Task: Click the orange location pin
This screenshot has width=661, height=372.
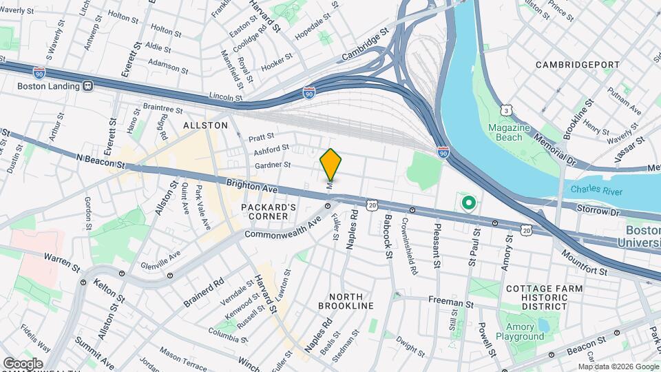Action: coord(330,165)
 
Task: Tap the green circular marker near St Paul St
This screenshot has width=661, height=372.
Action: coord(469,203)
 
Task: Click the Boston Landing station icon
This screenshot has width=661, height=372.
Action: coord(87,86)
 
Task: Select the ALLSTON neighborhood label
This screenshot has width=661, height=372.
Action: coord(205,125)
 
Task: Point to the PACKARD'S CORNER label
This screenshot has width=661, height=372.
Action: coord(269,211)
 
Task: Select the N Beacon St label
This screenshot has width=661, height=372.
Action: coord(101,161)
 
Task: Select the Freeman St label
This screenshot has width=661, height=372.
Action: coord(450,301)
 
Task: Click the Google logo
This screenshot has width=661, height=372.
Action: coord(23,363)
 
